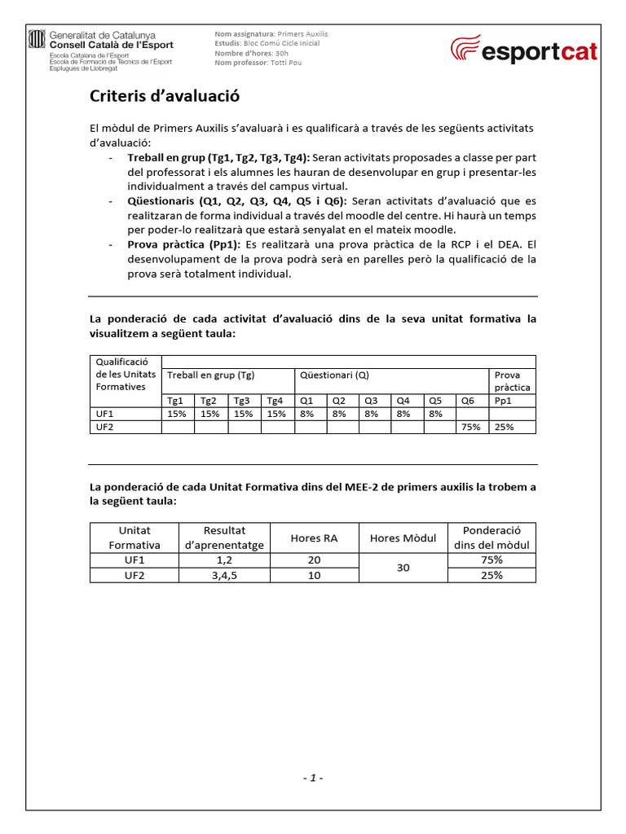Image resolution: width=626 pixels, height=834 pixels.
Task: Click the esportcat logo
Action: [524, 50]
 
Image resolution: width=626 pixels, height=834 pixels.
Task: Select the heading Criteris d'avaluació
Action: [164, 98]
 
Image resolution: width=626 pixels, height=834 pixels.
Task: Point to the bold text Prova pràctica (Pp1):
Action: [184, 244]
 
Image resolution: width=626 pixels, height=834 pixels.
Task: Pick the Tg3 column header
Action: [242, 401]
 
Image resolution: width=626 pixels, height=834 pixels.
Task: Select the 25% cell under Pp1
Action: [505, 427]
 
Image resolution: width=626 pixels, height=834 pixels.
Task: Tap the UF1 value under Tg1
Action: [176, 414]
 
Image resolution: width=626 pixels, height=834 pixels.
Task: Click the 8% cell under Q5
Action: [436, 414]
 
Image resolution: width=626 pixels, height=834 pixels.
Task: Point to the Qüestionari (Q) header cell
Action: [334, 375]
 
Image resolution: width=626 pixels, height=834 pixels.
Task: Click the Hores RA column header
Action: [314, 538]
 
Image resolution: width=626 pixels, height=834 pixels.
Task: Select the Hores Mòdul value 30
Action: [403, 568]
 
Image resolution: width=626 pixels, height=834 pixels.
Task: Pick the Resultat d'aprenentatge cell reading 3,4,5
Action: [224, 575]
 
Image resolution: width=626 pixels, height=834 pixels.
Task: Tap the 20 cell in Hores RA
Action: [314, 560]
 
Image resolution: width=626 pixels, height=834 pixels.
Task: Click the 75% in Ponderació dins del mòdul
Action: [492, 560]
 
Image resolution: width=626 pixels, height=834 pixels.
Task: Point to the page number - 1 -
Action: [313, 778]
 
